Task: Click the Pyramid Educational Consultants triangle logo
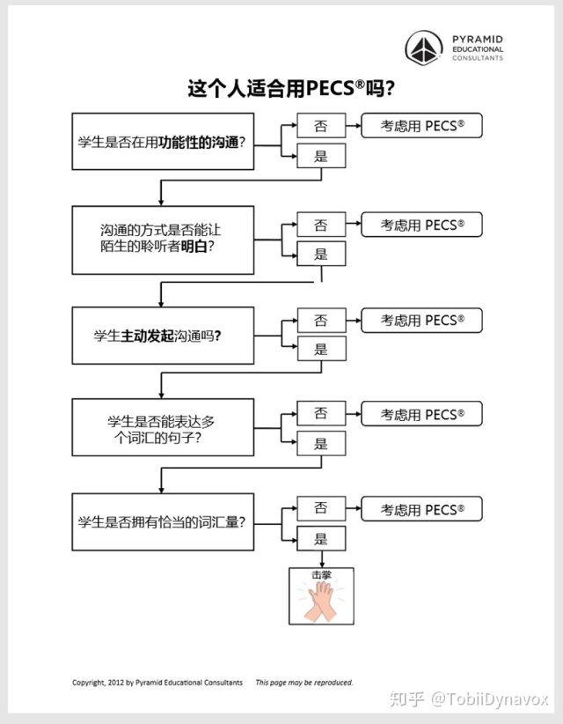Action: [424, 48]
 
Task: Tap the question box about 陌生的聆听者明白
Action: [163, 239]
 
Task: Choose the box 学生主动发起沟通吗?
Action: [163, 335]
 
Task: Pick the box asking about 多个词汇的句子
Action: [163, 428]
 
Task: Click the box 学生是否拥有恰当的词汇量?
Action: [163, 521]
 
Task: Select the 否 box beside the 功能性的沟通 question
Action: [321, 126]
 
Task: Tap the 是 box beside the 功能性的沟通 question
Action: [321, 157]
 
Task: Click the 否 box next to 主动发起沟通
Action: [321, 320]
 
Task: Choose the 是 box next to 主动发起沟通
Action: [321, 350]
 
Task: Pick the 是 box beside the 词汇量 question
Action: [321, 539]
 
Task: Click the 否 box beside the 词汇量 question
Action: [321, 508]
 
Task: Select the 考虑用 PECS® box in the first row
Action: [422, 126]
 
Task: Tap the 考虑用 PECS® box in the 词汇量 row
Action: [422, 509]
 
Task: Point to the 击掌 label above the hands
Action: [322, 575]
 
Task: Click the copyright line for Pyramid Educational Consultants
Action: [157, 683]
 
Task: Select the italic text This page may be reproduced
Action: [304, 683]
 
